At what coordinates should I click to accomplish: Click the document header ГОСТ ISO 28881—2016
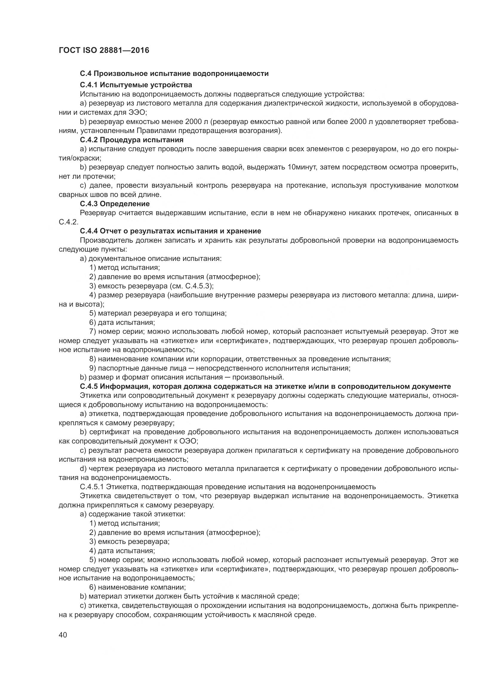(104, 51)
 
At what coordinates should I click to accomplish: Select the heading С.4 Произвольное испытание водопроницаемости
(174, 74)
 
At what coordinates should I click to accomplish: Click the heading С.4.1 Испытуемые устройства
(136, 85)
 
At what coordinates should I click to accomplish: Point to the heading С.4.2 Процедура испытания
(132, 140)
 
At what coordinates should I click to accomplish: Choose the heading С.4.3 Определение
(115, 204)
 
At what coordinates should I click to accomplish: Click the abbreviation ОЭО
(188, 441)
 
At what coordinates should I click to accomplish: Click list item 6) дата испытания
(122, 322)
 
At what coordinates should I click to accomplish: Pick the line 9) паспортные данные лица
(220, 368)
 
